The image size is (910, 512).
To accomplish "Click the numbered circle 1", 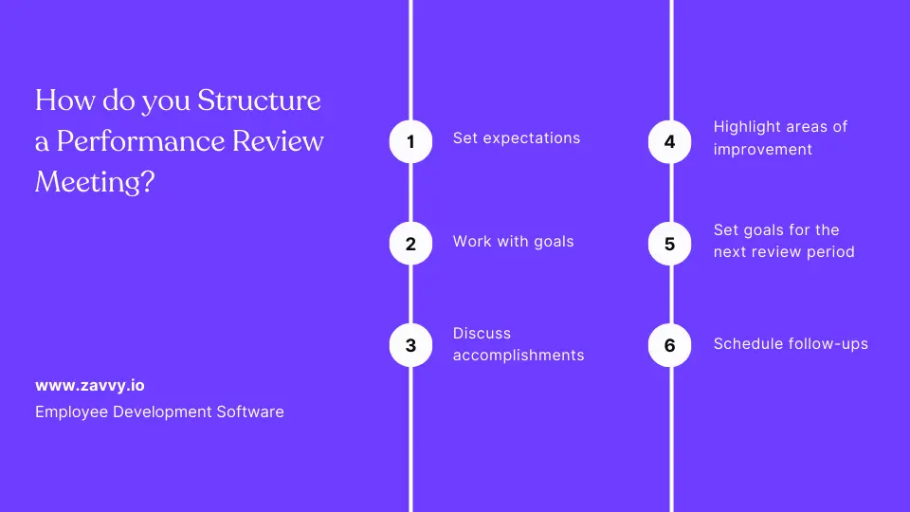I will point(410,142).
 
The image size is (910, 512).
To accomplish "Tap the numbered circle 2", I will point(410,244).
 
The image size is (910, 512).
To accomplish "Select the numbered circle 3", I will point(410,345).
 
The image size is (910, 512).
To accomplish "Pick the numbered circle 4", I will point(670,142).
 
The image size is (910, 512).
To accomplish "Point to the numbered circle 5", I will point(670,244).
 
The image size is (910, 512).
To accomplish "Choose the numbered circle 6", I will point(670,345).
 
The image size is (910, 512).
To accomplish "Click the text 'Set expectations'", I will point(516,138).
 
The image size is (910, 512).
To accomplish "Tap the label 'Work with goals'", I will point(513,241).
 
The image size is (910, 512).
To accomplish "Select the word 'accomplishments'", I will point(518,356).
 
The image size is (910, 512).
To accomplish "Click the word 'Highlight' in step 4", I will point(746,127).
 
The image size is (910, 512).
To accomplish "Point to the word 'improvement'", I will point(762,150).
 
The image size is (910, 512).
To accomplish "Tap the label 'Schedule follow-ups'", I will point(791,343).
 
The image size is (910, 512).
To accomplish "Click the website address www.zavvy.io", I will point(90,386).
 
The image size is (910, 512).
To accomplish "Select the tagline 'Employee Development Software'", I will point(159,411).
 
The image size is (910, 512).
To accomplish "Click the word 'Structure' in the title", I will point(259,101).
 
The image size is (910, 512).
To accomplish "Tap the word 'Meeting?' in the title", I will point(94,182).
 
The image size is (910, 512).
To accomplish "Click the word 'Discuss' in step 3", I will point(482,334).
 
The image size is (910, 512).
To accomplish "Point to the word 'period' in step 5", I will point(828,252).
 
